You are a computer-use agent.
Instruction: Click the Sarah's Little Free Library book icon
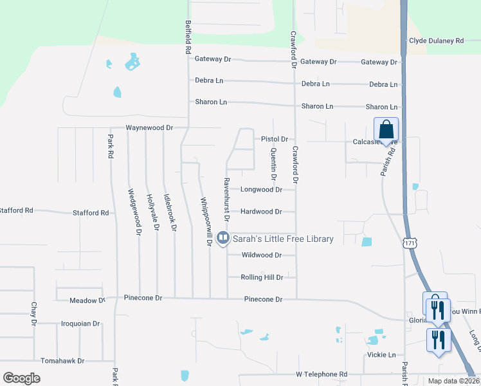223,238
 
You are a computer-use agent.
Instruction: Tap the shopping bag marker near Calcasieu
386,129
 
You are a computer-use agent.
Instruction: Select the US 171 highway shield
410,243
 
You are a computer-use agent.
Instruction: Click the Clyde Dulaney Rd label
436,41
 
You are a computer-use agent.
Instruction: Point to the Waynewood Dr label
149,127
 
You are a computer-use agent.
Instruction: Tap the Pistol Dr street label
274,139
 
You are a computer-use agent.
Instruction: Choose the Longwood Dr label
261,190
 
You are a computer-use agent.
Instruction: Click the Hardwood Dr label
261,212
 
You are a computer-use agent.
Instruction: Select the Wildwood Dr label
261,255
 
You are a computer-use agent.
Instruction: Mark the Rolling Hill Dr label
262,277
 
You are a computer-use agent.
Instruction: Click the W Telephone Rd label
321,374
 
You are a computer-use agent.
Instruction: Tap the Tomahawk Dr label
62,361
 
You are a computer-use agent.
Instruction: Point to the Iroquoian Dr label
80,324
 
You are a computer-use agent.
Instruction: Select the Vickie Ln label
383,354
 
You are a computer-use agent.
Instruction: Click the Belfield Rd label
188,36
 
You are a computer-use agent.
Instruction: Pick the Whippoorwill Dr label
205,221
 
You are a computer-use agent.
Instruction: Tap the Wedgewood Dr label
134,212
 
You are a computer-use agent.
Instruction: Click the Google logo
21,378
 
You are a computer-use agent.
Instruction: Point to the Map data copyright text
453,381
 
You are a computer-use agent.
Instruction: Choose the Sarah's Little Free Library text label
283,239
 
